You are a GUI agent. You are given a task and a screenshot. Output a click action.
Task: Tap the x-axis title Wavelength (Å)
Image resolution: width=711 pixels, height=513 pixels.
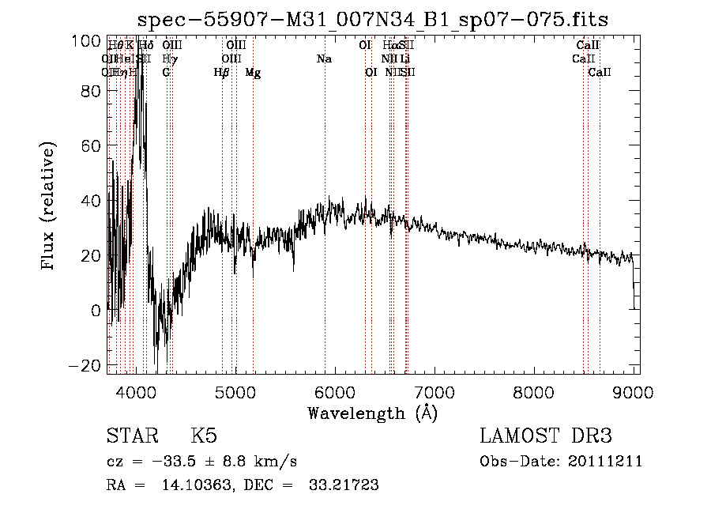click(372, 413)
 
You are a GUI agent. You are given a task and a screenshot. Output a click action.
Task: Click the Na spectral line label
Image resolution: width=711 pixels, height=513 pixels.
click(324, 59)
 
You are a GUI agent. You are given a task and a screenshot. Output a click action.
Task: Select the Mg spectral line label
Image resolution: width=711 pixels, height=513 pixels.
click(253, 73)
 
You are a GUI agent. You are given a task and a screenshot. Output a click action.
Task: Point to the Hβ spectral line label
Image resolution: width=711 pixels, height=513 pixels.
click(221, 73)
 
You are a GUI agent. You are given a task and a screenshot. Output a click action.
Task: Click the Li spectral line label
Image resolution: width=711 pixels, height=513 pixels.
click(404, 59)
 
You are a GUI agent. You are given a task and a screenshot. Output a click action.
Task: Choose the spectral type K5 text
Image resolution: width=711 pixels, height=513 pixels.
click(203, 436)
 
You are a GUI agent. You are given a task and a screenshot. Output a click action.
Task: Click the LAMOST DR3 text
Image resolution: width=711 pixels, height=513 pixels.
click(545, 436)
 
